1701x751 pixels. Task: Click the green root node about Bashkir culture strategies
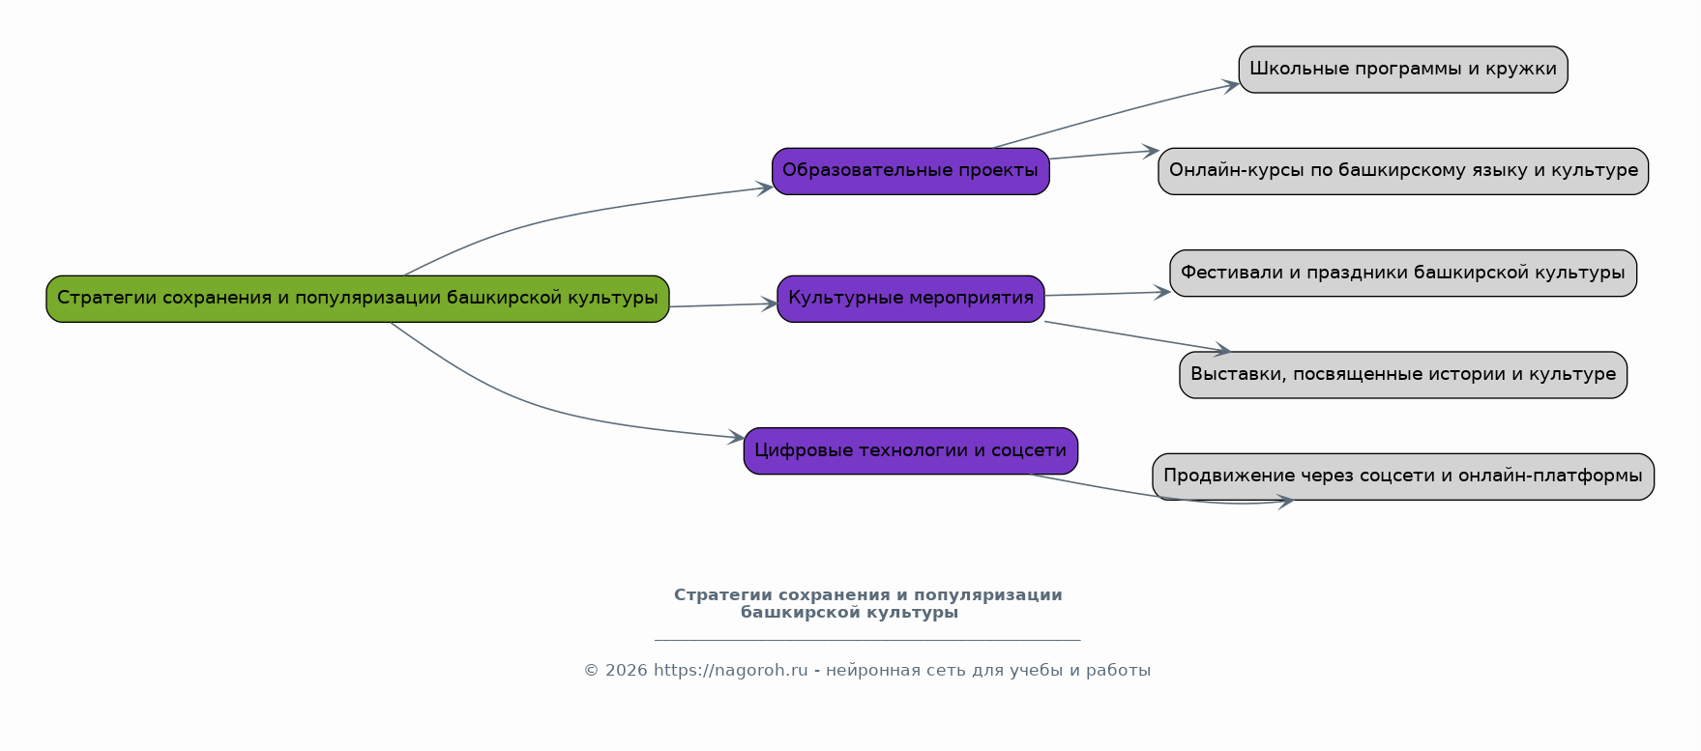(x=357, y=299)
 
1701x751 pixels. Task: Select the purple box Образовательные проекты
(x=910, y=171)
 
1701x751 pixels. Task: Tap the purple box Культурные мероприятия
(x=910, y=299)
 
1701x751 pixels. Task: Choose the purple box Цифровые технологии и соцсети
(x=910, y=451)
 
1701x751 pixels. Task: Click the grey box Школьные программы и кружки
(x=1402, y=70)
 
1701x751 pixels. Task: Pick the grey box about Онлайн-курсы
(x=1402, y=171)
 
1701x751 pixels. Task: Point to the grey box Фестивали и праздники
(x=1402, y=274)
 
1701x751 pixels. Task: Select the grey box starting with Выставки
(x=1402, y=375)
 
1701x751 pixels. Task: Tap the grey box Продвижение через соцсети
(x=1402, y=477)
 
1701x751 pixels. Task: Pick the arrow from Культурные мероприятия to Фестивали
(x=1107, y=294)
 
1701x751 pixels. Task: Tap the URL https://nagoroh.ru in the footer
(x=730, y=671)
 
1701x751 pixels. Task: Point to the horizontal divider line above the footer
(x=867, y=640)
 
